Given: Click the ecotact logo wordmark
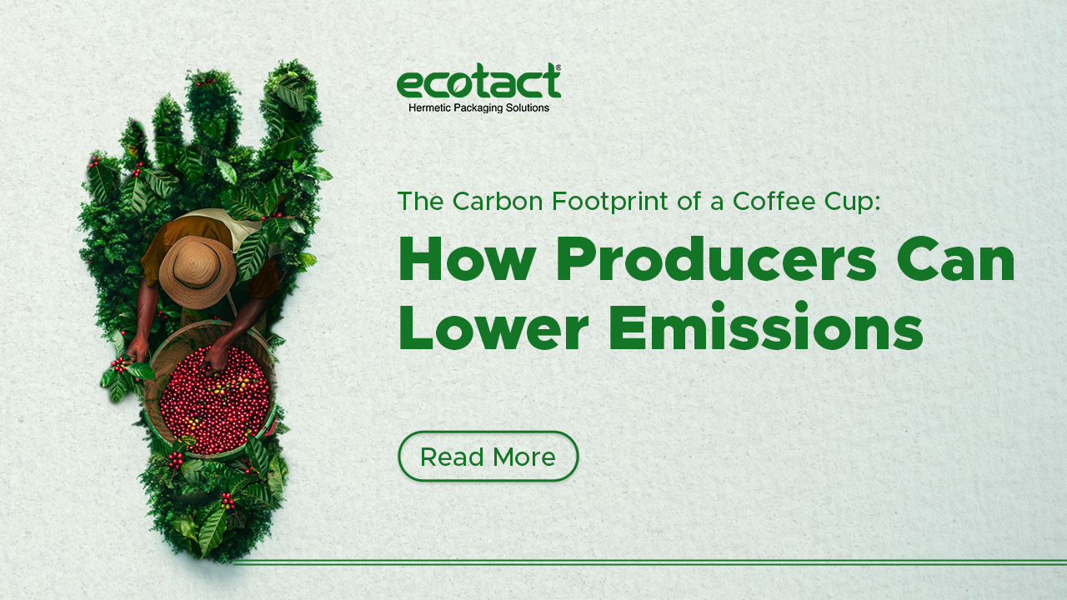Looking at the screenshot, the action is (478, 81).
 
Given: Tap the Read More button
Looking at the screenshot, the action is (488, 456).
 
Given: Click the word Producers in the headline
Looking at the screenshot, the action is (716, 259).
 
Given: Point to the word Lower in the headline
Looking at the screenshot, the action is (494, 327).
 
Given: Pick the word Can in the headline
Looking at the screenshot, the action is (955, 259).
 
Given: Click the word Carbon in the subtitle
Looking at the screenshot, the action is (498, 201).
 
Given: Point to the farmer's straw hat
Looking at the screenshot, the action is (198, 272).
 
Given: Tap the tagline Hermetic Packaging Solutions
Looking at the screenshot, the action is (478, 108).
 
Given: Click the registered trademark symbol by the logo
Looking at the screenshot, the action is (558, 68).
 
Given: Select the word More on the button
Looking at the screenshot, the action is (524, 457).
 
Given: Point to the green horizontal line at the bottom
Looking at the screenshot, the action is (650, 562).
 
